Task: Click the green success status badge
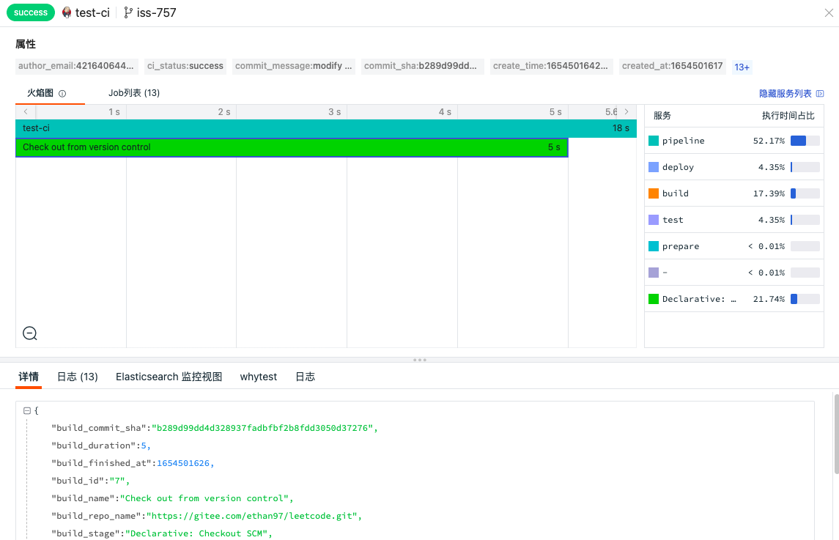tap(31, 12)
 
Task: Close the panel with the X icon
tap(829, 13)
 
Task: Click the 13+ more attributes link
tap(742, 67)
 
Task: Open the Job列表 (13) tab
tap(134, 92)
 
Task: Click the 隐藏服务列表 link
tap(785, 93)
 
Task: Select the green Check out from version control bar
tap(292, 147)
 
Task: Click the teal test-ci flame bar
tap(326, 128)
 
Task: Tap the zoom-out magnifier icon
tap(30, 333)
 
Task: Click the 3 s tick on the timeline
tap(334, 112)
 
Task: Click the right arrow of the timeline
tap(627, 112)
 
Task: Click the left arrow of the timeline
tap(25, 112)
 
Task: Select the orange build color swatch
tap(654, 193)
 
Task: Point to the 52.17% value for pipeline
tap(769, 141)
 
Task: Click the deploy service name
tap(678, 167)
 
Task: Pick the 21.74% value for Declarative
tap(769, 299)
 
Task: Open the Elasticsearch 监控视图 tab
tap(169, 377)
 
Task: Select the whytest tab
tap(259, 377)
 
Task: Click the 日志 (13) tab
tap(78, 377)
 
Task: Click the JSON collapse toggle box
tap(27, 410)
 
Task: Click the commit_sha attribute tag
tap(422, 66)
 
